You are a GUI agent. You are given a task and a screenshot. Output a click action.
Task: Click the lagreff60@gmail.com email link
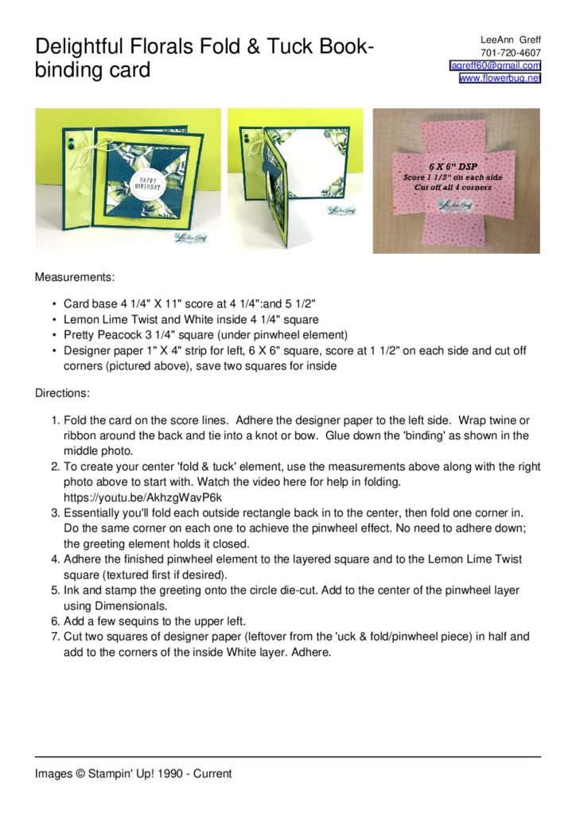[x=496, y=65]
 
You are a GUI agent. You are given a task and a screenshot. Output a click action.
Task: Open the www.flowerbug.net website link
[x=500, y=78]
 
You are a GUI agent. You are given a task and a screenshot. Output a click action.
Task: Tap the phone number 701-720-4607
[x=511, y=53]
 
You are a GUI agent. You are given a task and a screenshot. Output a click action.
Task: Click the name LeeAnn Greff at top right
[x=510, y=40]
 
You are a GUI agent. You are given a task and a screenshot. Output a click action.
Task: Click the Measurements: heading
[x=75, y=278]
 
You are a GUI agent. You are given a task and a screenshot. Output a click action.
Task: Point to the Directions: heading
[x=62, y=393]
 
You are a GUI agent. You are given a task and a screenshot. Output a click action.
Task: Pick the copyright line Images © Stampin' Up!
[x=133, y=773]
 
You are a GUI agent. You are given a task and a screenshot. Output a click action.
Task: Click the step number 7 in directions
[x=55, y=637]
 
